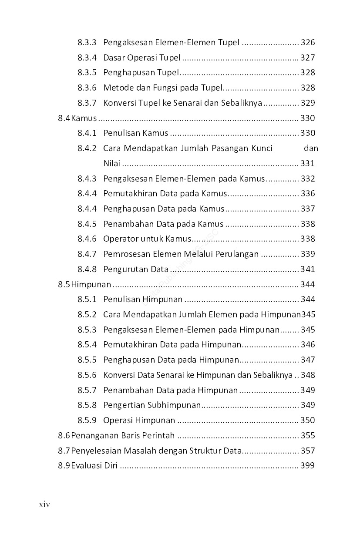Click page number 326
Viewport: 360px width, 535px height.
307,43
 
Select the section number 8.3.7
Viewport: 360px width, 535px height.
87,103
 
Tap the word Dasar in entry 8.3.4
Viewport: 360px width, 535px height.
114,57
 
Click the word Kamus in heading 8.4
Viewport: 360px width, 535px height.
84,118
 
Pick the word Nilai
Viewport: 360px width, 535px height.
111,164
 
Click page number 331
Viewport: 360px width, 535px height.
307,164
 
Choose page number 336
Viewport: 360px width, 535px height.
307,194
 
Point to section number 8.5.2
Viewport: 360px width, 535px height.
87,314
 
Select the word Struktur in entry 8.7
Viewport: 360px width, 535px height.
206,451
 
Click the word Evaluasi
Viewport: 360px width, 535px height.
87,466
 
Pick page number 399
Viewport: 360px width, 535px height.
307,466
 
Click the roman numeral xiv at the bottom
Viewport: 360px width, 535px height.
45,505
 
